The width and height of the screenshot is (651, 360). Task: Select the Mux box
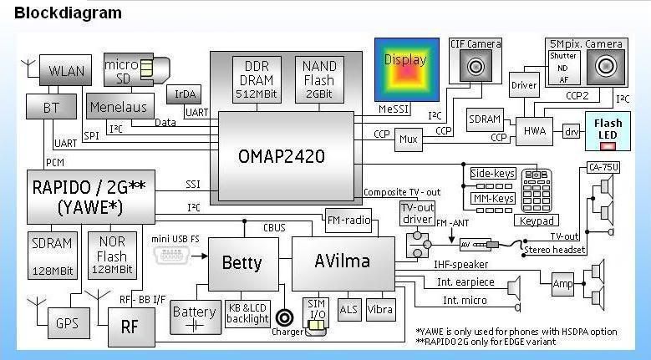pos(407,139)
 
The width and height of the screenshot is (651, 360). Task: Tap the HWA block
pos(535,130)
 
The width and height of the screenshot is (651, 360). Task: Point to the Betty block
pos(242,264)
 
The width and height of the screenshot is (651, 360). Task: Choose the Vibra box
pos(379,308)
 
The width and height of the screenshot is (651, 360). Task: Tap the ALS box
pos(348,308)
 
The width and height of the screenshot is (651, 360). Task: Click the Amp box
pos(563,284)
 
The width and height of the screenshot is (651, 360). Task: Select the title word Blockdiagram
pos(68,13)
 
